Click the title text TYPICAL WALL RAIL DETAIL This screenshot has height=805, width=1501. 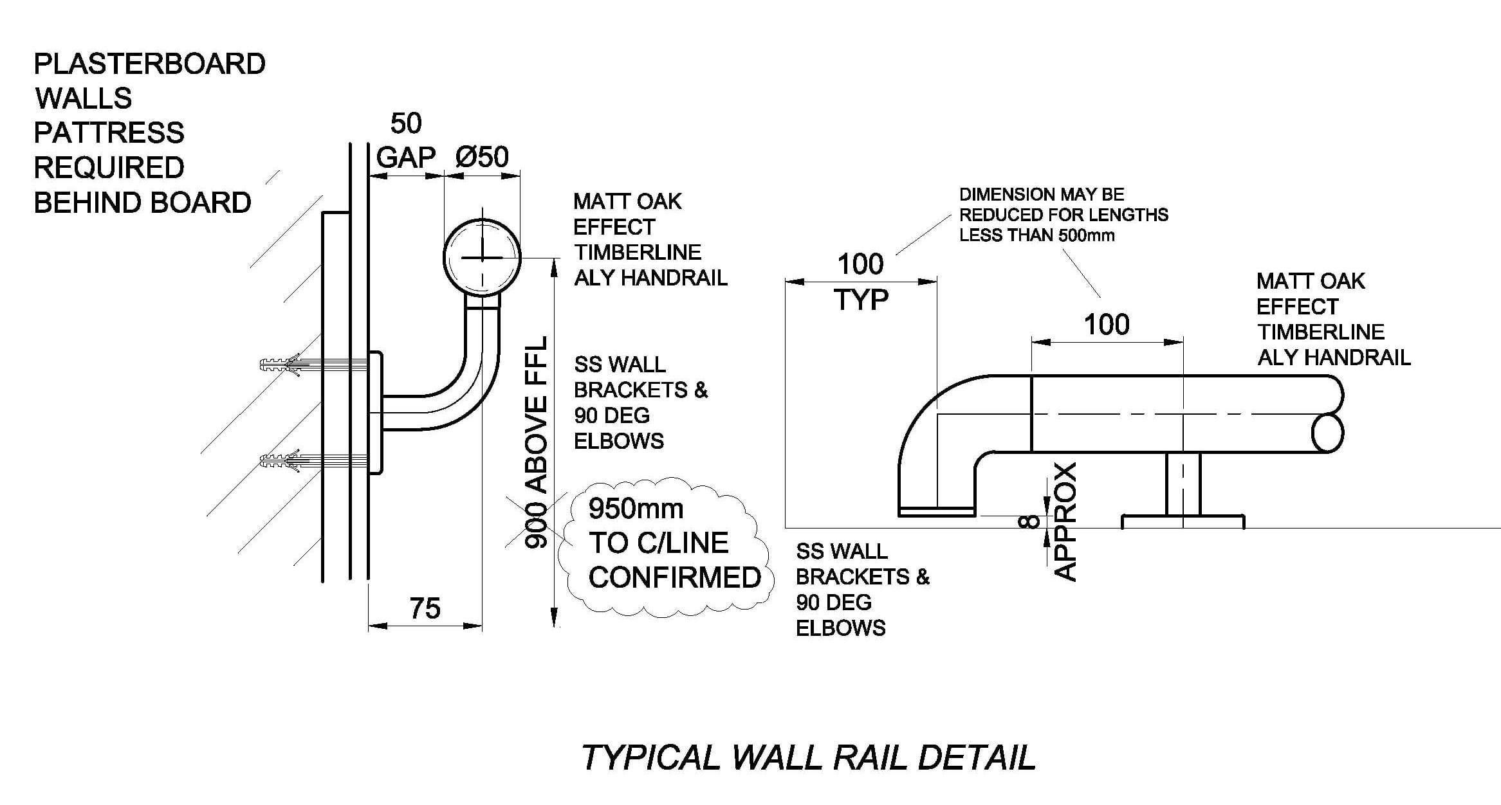tap(808, 757)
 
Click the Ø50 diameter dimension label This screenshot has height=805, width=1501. tap(482, 157)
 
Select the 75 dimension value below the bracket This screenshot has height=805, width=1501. tap(425, 608)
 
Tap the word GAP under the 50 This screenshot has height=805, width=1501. tap(405, 157)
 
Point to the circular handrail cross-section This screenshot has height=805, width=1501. tap(482, 257)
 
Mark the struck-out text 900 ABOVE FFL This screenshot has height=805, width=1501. tap(536, 442)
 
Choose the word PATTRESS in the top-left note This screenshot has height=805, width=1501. tap(109, 133)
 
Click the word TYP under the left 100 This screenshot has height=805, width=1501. tap(861, 300)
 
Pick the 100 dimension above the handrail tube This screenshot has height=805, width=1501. tap(1107, 325)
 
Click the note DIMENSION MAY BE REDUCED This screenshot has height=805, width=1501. tap(1063, 215)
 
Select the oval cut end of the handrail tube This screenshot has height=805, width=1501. tap(1327, 433)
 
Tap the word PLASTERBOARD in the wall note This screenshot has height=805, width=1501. tap(149, 64)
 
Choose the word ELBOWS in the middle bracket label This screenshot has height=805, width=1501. tap(619, 441)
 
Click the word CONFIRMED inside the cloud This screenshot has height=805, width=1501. tap(674, 577)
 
